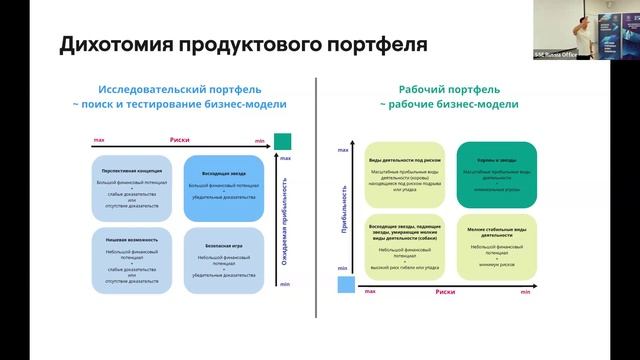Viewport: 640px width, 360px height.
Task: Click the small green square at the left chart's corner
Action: click(283, 141)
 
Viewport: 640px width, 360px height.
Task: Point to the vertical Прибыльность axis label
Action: click(343, 210)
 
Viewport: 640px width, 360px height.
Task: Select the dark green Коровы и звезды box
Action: click(497, 175)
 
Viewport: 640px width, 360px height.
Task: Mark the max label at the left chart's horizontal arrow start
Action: click(98, 141)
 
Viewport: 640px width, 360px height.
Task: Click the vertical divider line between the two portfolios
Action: click(317, 200)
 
